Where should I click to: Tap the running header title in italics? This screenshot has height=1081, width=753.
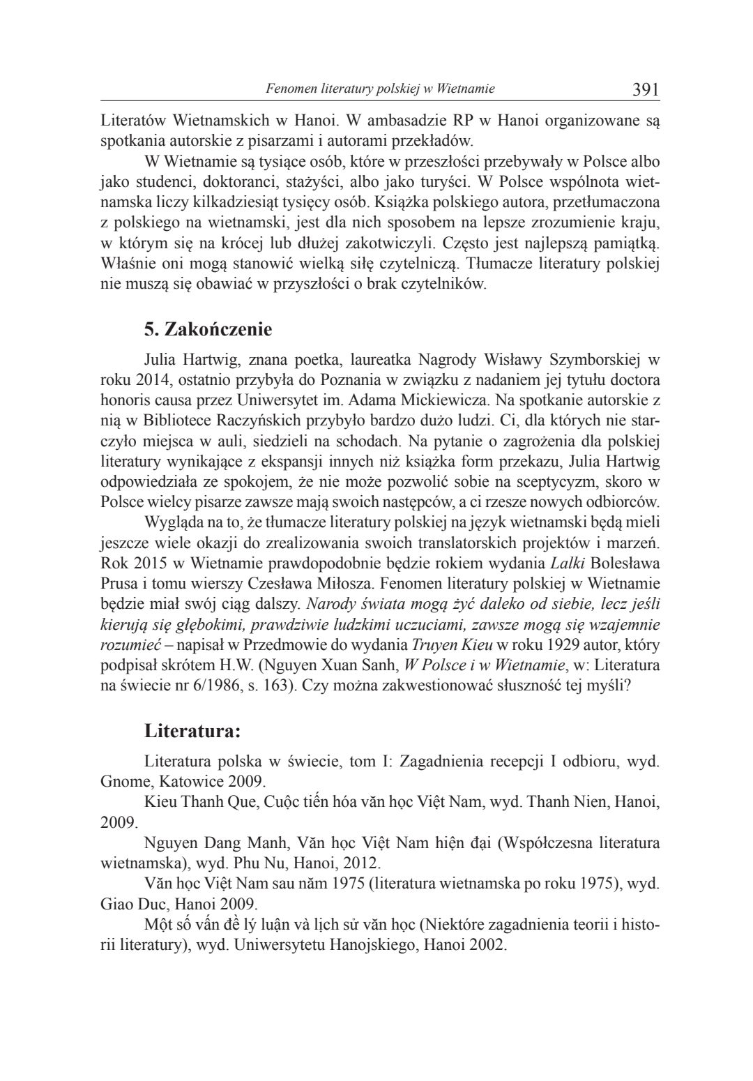pyautogui.click(x=381, y=89)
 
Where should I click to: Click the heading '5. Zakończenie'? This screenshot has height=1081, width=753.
pyautogui.click(x=208, y=328)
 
